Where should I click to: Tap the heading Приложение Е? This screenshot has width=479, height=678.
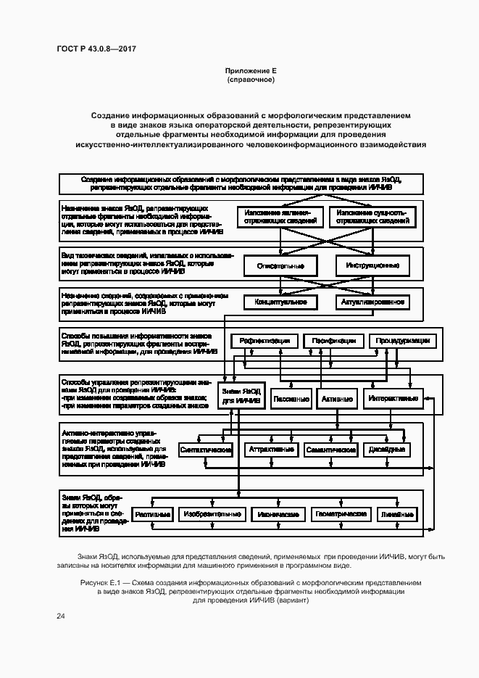click(x=251, y=70)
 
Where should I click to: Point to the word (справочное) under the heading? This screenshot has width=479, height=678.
click(x=251, y=80)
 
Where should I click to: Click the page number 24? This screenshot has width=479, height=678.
click(x=61, y=616)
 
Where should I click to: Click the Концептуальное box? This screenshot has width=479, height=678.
click(x=280, y=302)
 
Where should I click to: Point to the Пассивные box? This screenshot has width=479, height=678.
click(x=291, y=399)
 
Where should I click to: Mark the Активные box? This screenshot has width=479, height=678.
click(x=337, y=399)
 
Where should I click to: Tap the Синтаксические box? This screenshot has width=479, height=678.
click(x=205, y=450)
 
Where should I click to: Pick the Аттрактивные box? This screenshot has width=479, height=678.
click(x=272, y=450)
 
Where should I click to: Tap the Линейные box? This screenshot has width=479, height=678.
click(x=397, y=515)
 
